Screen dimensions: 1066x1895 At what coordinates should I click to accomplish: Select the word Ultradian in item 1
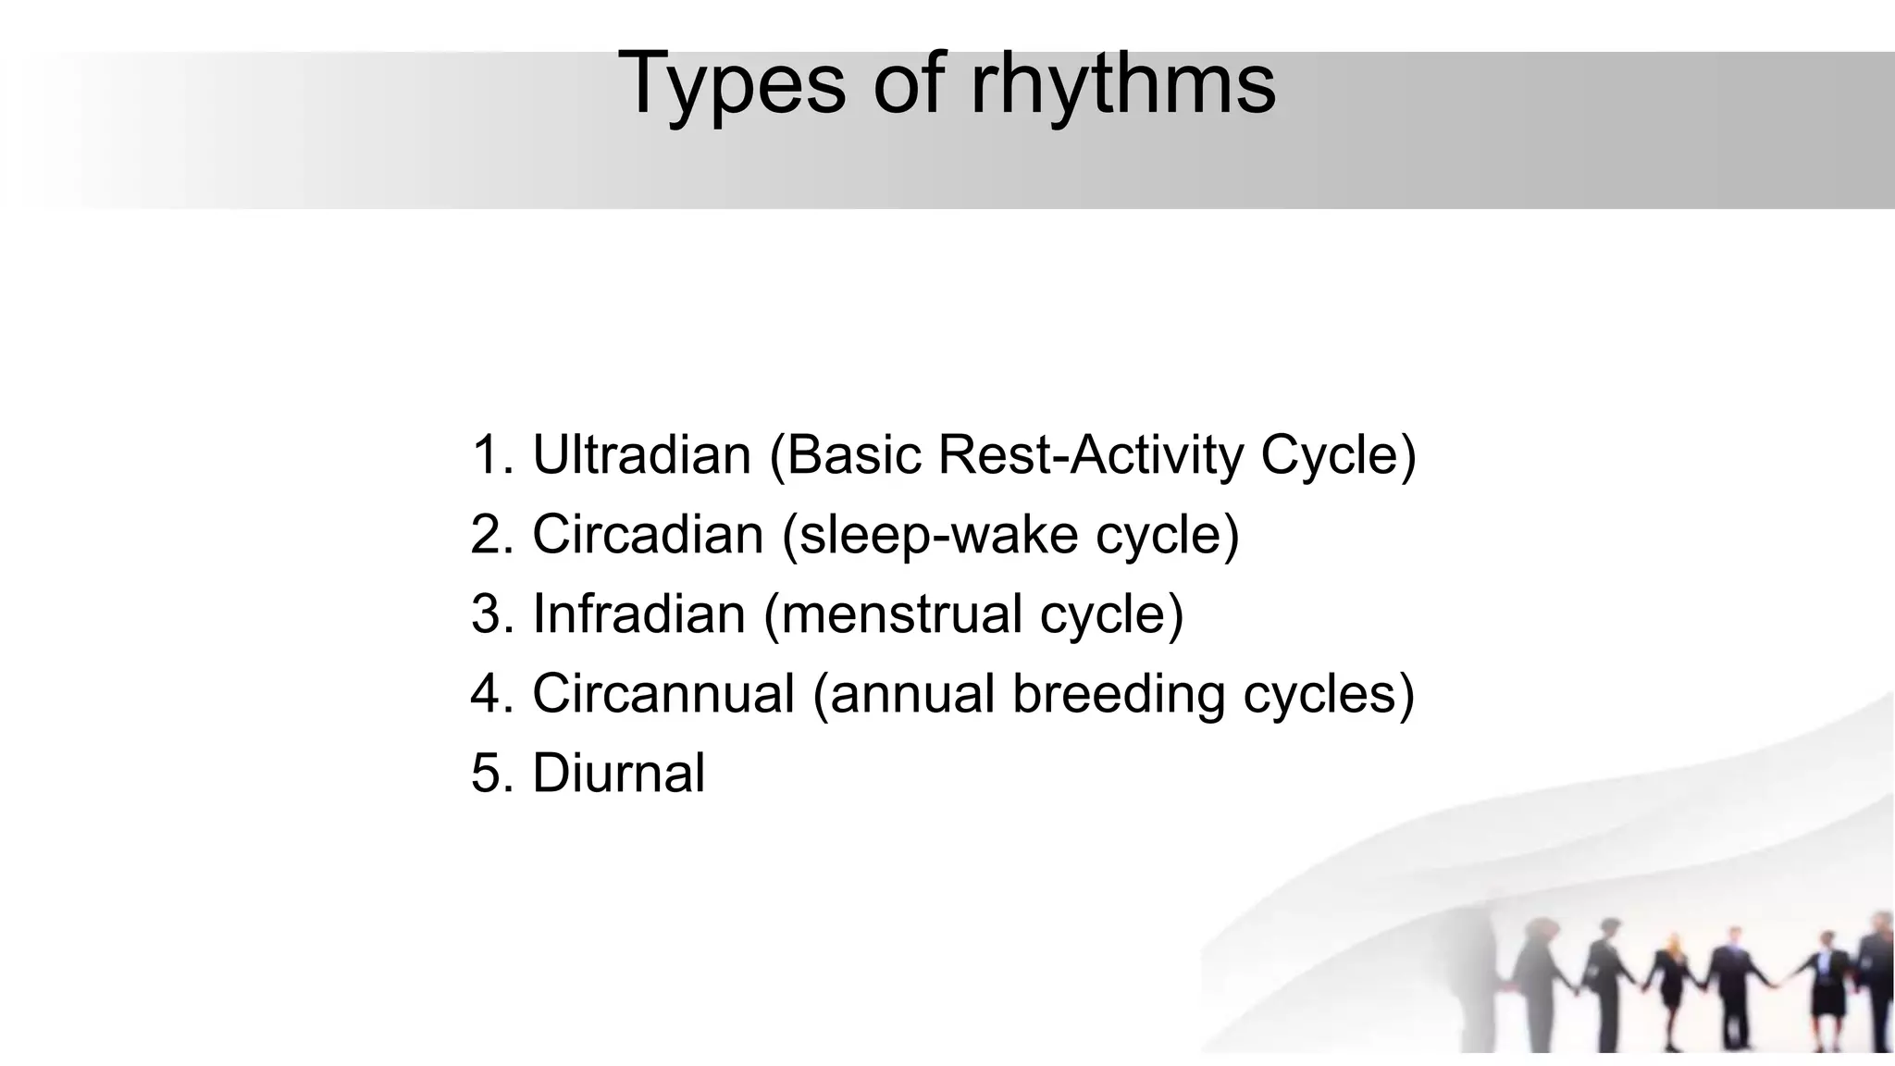point(641,455)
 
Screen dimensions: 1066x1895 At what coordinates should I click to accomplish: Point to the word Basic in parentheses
point(852,455)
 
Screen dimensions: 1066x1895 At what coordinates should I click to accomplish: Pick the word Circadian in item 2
point(647,535)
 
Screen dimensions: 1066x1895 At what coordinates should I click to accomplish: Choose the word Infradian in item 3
point(638,614)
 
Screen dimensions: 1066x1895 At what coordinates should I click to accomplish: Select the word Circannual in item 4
point(663,694)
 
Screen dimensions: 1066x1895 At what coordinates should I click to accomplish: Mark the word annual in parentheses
point(911,694)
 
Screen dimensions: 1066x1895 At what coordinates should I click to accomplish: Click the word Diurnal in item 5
point(618,774)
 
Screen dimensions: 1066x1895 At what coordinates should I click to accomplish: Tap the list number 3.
point(488,614)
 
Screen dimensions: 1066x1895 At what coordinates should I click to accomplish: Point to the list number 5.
point(488,774)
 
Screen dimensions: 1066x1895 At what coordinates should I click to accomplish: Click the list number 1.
point(488,455)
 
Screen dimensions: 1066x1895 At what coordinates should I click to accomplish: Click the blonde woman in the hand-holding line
point(1672,985)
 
